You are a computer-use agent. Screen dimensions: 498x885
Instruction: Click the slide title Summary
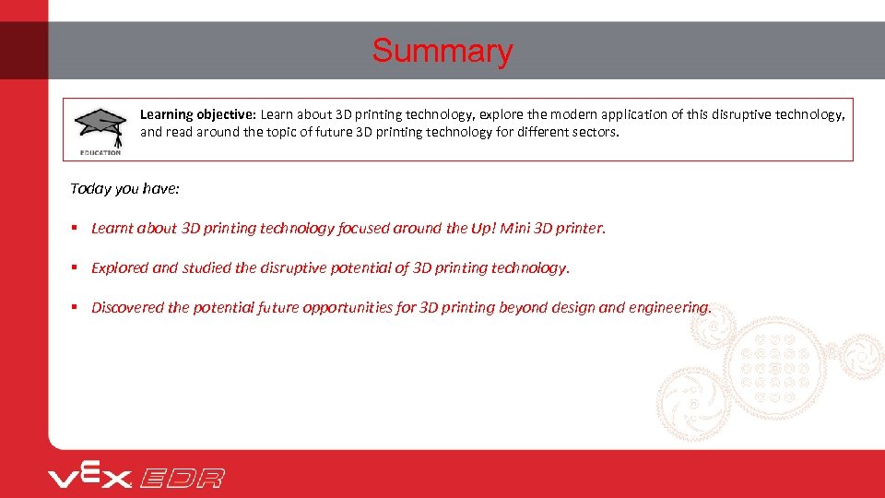(x=442, y=51)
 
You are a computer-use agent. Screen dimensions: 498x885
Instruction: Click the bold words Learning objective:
(x=197, y=114)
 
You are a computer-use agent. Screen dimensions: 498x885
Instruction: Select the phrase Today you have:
(x=125, y=188)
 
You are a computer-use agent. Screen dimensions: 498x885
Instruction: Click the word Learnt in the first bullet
(x=112, y=228)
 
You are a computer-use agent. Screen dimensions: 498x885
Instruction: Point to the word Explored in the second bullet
(x=119, y=267)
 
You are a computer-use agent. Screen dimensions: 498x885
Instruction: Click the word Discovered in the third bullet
(x=127, y=307)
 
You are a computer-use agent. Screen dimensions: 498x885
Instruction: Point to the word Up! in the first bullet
(x=484, y=228)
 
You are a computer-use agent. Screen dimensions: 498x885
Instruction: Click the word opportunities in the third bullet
(x=348, y=307)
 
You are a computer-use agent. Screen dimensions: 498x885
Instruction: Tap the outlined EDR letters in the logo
(x=182, y=478)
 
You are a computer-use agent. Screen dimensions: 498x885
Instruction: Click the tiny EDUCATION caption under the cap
(x=100, y=152)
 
